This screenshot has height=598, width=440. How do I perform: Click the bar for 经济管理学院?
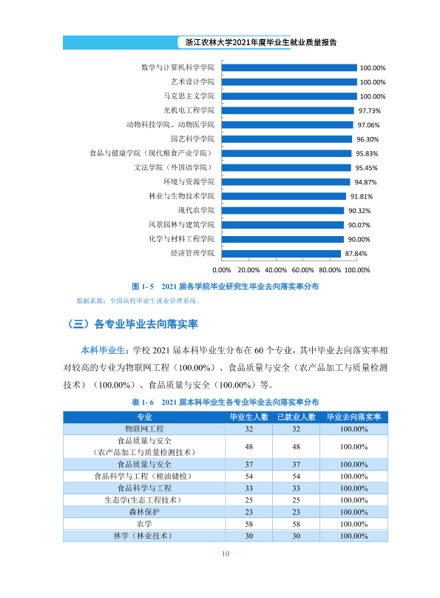tap(281, 254)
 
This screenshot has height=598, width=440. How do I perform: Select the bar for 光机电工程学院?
tap(288, 110)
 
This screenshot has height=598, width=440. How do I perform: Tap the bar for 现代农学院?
tap(283, 210)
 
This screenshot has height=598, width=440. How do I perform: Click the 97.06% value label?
tap(368, 125)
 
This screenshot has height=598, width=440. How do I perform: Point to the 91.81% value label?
tap(362, 196)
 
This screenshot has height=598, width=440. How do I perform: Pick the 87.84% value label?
tap(356, 254)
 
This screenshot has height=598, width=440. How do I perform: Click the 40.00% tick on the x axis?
tap(276, 270)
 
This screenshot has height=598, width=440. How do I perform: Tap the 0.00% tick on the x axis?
tap(222, 270)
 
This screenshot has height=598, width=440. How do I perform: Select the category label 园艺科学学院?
tap(192, 139)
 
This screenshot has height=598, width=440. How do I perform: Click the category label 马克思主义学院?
tap(189, 96)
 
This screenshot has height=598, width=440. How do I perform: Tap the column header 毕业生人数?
tap(249, 417)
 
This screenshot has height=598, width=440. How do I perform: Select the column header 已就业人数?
tap(297, 417)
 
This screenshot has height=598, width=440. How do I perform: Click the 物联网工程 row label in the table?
tap(144, 429)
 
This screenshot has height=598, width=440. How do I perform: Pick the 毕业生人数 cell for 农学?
tap(249, 524)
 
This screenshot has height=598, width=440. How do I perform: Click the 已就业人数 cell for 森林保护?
tap(297, 512)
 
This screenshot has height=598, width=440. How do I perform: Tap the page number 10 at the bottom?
tap(226, 554)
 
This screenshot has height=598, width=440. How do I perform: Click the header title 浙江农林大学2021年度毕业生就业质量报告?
tap(261, 42)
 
